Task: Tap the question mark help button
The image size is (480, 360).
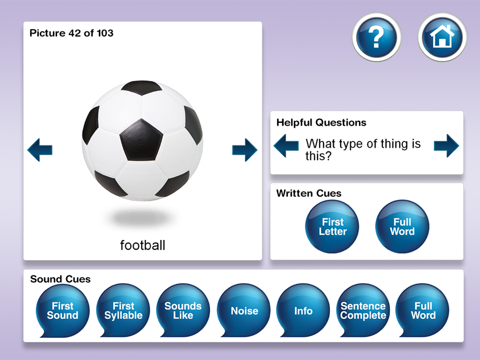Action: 376,37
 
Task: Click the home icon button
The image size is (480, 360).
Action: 443,37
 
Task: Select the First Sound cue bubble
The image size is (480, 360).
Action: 62,311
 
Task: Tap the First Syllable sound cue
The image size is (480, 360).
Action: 123,311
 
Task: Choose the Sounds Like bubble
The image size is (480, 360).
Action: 183,311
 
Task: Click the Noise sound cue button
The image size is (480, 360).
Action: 244,311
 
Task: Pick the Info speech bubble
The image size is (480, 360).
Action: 303,311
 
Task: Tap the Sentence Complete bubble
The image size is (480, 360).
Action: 363,311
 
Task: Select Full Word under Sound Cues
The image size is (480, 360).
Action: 422,311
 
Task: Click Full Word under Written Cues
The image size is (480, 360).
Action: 402,227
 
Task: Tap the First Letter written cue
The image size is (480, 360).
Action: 332,227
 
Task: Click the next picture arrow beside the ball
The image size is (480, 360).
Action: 245,150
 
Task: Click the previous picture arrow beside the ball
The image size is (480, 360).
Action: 40,150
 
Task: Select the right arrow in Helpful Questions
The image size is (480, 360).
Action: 446,145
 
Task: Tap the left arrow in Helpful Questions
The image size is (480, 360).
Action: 286,145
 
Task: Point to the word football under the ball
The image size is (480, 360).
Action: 143,245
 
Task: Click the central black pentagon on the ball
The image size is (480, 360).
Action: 141,140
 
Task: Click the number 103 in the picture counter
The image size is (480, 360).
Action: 105,33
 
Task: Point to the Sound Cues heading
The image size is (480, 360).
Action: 60,279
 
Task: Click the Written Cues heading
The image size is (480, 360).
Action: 309,193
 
